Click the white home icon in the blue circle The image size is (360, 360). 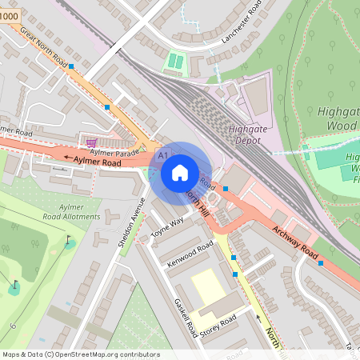[x=180, y=172]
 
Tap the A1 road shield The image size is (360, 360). [x=163, y=153]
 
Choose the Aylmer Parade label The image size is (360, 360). [x=114, y=151]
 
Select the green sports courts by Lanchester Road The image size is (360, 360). [x=174, y=62]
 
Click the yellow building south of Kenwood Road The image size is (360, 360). [x=207, y=286]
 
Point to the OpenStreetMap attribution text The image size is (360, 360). [x=80, y=354]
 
